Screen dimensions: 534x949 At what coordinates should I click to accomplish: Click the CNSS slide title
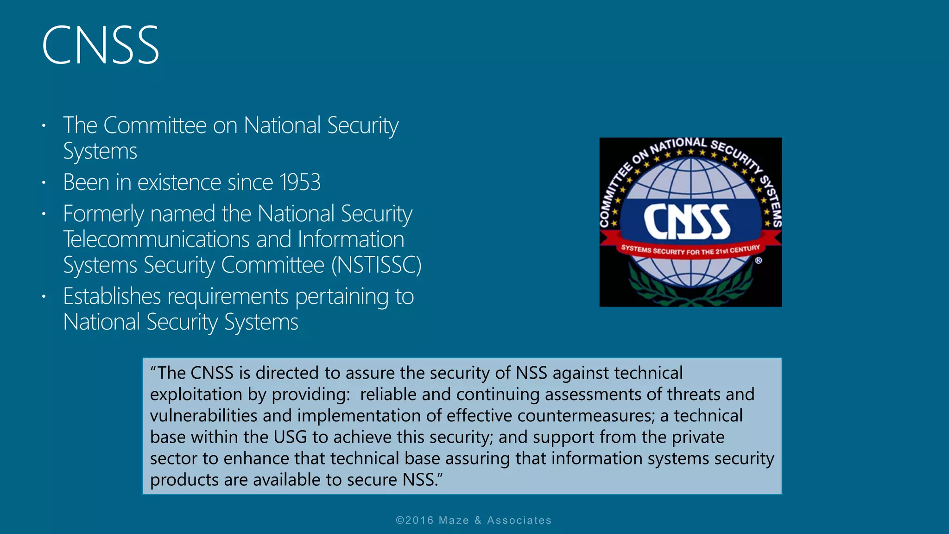101,45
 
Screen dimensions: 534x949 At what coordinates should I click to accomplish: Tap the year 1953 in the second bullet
300,182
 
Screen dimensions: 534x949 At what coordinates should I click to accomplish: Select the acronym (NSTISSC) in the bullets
376,265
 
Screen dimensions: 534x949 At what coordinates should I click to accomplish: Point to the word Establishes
112,296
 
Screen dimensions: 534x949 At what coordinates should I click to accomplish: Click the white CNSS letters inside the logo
687,222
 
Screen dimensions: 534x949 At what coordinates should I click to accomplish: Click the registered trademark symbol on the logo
759,261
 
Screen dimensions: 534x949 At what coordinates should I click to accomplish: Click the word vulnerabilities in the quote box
203,416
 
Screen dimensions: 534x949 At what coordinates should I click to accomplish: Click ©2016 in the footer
415,520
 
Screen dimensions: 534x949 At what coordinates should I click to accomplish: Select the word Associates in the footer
519,520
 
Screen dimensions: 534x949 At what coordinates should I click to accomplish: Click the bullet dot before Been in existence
44,183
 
